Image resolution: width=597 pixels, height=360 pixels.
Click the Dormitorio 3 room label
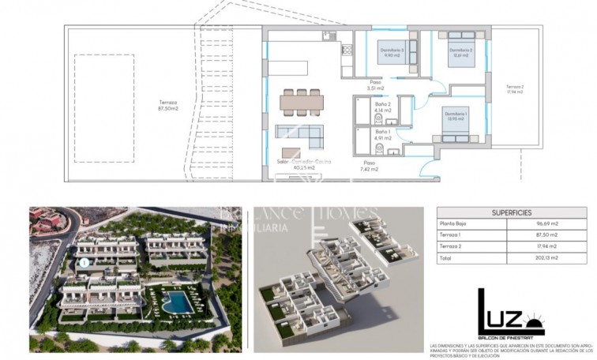pyautogui.click(x=393, y=53)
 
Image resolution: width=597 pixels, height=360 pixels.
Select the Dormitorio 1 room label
pyautogui.click(x=456, y=116)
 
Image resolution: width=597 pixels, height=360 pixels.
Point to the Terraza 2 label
pyautogui.click(x=515, y=88)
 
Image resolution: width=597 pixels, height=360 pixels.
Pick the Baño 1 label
pyautogui.click(x=383, y=135)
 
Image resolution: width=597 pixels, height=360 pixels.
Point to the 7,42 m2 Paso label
pyautogui.click(x=370, y=165)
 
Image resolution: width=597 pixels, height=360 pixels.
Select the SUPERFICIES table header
pyautogui.click(x=511, y=212)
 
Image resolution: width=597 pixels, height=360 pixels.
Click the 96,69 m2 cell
pyautogui.click(x=545, y=225)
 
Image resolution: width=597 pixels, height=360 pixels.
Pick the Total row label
pyautogui.click(x=447, y=257)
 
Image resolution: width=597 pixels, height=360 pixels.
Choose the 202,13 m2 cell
pyautogui.click(x=545, y=257)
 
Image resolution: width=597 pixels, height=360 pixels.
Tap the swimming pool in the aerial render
pyautogui.click(x=178, y=301)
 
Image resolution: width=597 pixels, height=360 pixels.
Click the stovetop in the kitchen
pyautogui.click(x=346, y=50)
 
